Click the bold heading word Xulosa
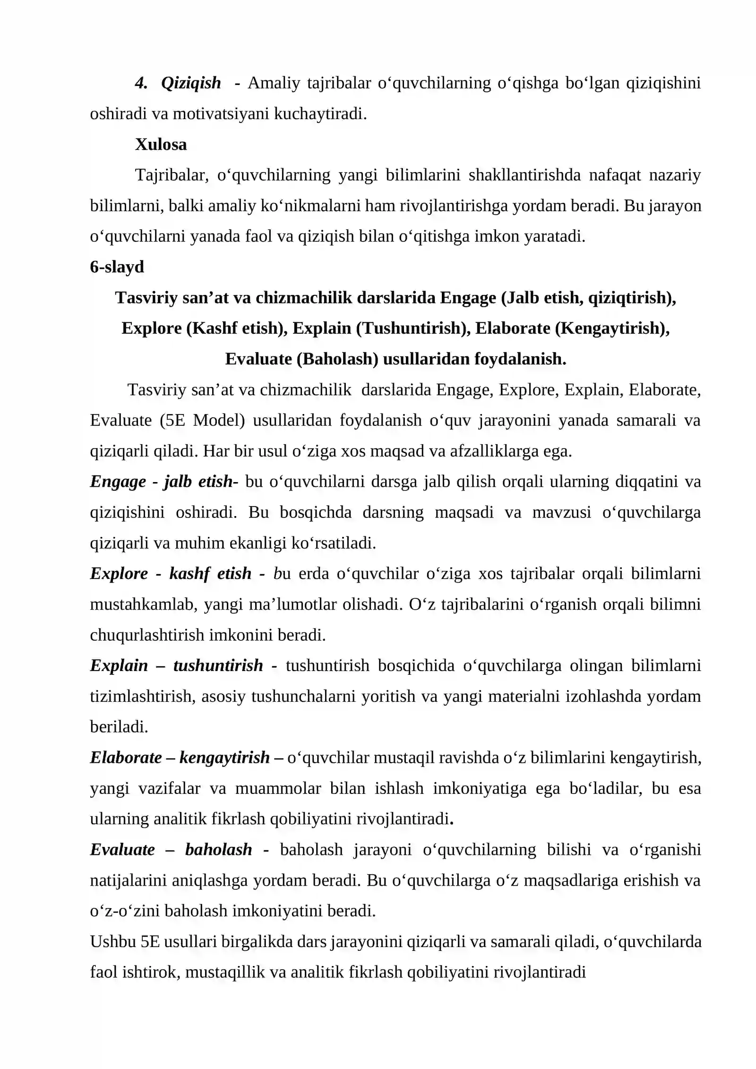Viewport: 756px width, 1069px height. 161,145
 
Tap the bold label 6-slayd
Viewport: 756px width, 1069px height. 117,267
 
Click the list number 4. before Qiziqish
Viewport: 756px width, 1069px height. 141,83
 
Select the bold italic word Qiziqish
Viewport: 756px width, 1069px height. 191,83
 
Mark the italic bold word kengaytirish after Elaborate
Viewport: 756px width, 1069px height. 224,758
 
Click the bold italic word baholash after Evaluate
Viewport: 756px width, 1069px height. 218,850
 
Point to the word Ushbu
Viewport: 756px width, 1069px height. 112,942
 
